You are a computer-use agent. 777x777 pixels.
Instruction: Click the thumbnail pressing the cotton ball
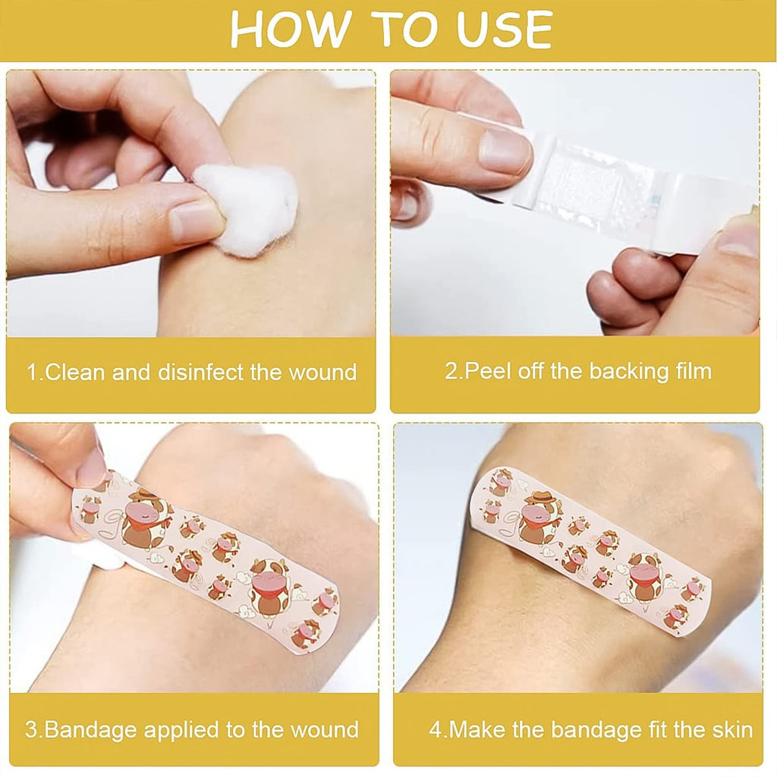[196, 222]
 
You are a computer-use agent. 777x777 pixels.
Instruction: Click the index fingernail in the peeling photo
[505, 151]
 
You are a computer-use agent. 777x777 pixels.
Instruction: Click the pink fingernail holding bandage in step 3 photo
[92, 469]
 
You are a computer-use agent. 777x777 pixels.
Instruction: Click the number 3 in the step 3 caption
[31, 730]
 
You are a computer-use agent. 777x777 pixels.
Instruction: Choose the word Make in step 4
[475, 730]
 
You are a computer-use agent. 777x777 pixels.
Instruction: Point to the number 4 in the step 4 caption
[436, 730]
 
